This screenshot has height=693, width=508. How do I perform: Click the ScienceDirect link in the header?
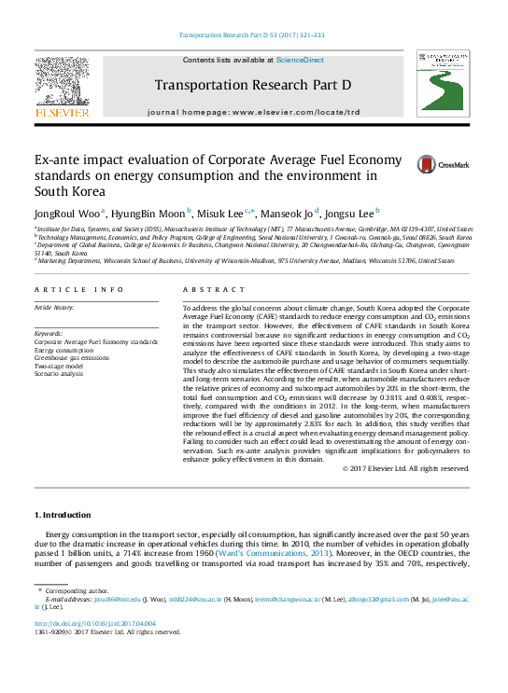pyautogui.click(x=301, y=60)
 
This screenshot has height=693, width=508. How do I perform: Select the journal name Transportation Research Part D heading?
pyautogui.click(x=253, y=85)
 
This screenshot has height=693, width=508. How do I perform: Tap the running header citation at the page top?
pyautogui.click(x=251, y=35)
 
